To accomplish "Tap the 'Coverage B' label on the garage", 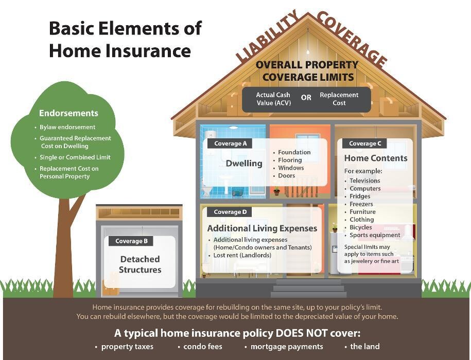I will (131, 241).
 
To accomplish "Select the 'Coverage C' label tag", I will (365, 143).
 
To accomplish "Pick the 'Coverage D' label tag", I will (230, 211).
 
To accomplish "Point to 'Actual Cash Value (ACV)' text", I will (273, 99).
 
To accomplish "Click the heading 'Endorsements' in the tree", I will (68, 113).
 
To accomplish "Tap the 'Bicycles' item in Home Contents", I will (360, 227).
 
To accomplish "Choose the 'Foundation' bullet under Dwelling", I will (294, 152).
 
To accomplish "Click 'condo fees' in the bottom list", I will (203, 347).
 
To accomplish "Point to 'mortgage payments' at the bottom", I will (287, 347).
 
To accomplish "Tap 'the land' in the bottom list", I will (364, 347).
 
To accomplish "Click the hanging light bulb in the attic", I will (308, 51).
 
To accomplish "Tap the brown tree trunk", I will (66, 247).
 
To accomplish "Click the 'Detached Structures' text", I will (140, 264).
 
